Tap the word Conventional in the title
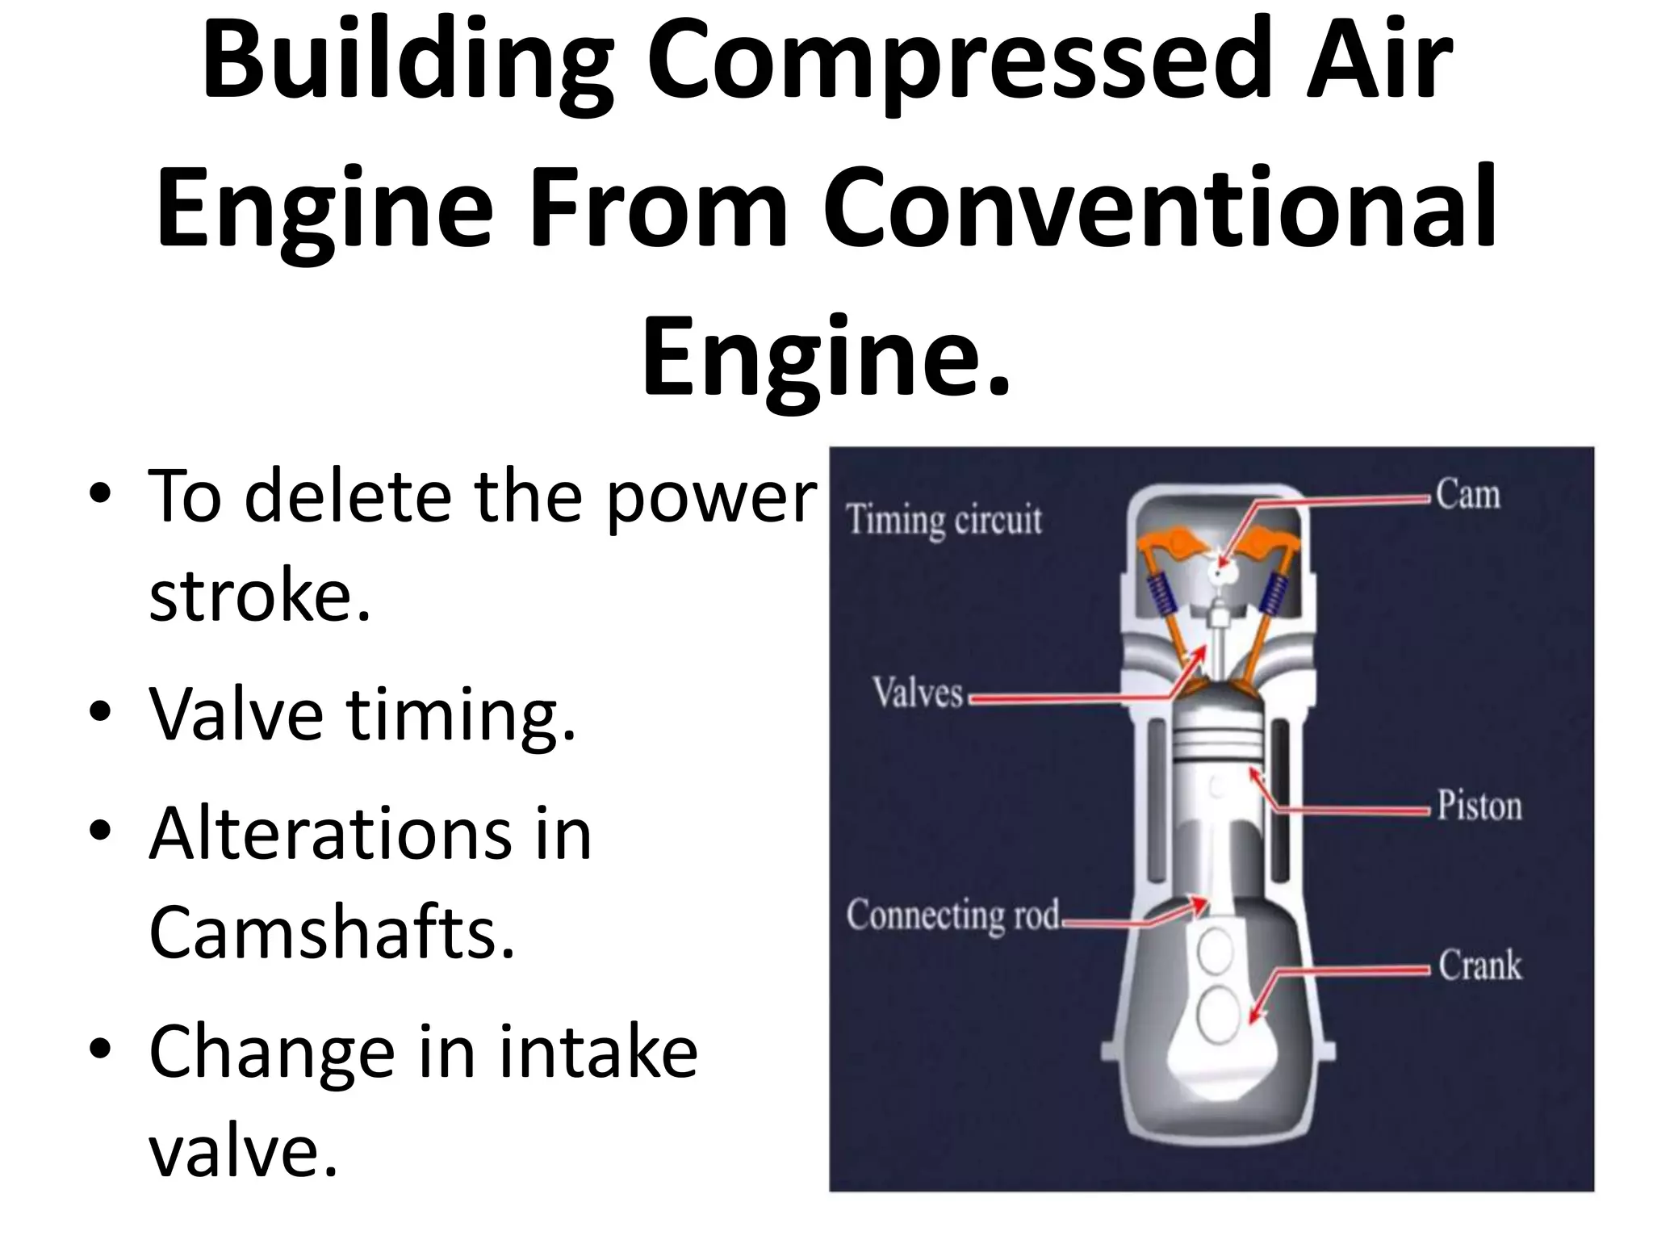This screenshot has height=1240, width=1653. pos(1159,208)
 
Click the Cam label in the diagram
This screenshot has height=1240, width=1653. pos(1467,494)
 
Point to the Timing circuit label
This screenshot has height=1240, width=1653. pos(944,520)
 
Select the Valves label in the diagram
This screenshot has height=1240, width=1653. pos(918,693)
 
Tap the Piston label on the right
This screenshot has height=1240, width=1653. pos(1479,806)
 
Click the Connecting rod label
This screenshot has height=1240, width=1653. pos(952,915)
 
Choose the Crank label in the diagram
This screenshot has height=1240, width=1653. pos(1479,966)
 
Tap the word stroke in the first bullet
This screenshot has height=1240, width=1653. pos(260,597)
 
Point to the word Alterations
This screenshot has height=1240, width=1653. pos(330,833)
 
